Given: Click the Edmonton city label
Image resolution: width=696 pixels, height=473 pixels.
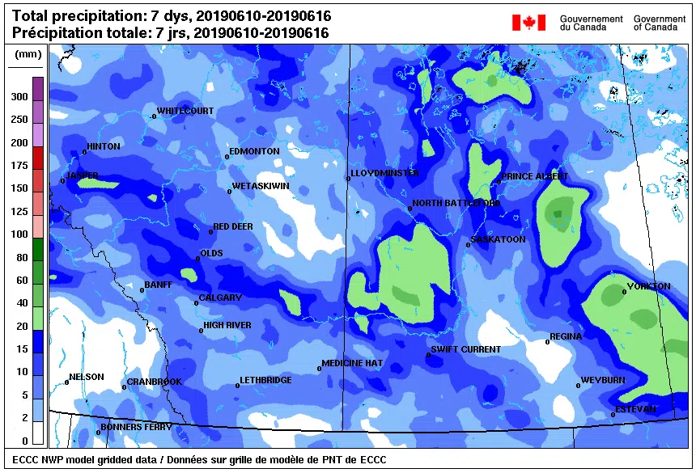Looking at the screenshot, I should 255,151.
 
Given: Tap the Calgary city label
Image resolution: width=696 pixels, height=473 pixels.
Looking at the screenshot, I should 221,298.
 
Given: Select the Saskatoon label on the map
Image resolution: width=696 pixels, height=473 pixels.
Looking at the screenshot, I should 499,240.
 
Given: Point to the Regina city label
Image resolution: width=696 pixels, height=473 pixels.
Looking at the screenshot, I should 566,337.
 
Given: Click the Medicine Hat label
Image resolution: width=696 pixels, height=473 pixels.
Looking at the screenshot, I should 353,364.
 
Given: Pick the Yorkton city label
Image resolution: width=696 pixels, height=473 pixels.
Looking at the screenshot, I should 649,287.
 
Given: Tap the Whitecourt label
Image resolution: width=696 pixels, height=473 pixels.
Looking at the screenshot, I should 185,111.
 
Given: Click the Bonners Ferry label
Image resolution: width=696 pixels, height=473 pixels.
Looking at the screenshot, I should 136,427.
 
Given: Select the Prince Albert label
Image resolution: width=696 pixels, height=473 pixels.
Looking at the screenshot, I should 535,176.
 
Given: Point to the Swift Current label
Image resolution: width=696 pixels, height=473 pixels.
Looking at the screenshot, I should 466,350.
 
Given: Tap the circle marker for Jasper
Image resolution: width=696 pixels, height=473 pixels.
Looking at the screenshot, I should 62,180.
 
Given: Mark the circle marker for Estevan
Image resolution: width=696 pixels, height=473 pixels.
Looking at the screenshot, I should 613,415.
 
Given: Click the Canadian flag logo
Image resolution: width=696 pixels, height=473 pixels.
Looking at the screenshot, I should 528,23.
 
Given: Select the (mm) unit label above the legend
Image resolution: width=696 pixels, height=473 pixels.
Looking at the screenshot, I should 28,55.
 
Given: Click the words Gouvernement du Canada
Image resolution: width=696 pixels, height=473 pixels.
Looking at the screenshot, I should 591,23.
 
